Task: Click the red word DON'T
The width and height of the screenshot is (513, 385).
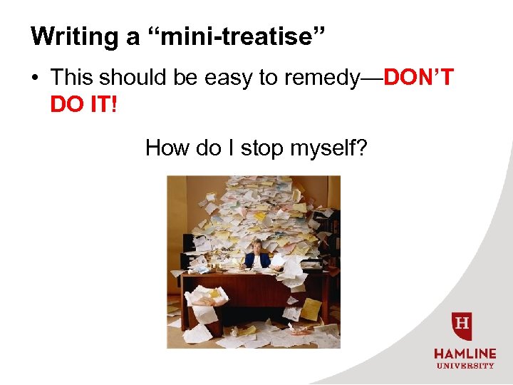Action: coord(418,77)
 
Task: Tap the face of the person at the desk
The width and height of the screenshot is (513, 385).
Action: coord(256,250)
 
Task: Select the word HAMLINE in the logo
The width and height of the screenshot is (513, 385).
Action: coord(464,353)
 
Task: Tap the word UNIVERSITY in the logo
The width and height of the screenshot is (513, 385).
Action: coord(464,366)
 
